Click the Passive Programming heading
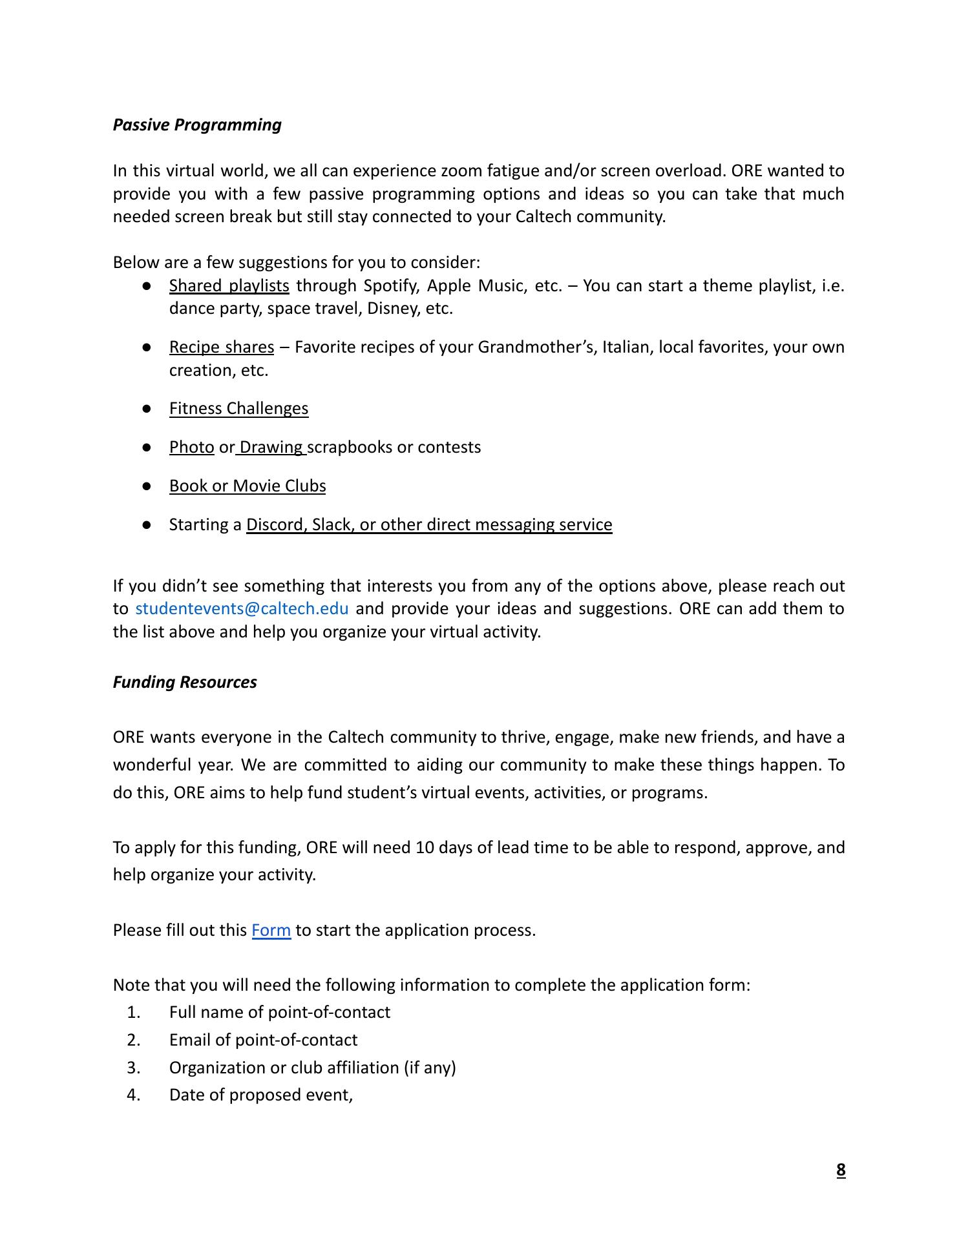[x=197, y=125]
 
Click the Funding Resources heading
[x=185, y=682]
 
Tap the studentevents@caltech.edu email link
[x=242, y=608]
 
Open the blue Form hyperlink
[x=271, y=930]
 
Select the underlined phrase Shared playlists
[x=229, y=285]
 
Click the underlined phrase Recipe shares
[x=221, y=347]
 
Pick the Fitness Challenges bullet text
[x=238, y=408]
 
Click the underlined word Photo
[x=191, y=447]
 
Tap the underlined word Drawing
[x=271, y=447]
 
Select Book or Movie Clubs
[x=248, y=486]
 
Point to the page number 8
[x=841, y=1170]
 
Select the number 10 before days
[x=425, y=847]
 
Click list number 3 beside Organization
[x=134, y=1068]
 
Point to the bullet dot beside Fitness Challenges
[x=147, y=409]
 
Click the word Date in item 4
[x=187, y=1095]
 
